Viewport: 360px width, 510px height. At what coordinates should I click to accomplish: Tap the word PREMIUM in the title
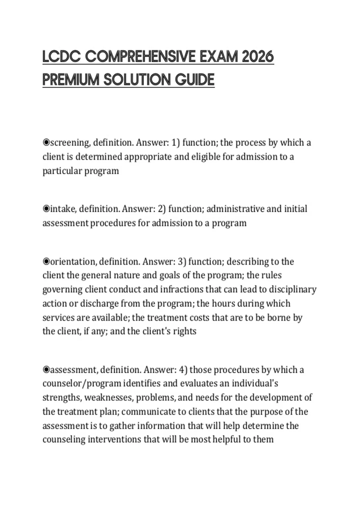click(x=70, y=80)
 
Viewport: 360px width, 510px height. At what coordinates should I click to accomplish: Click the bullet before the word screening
click(x=46, y=142)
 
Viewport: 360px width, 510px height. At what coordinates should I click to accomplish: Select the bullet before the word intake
click(x=46, y=209)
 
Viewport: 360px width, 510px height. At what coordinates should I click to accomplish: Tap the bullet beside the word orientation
click(x=46, y=262)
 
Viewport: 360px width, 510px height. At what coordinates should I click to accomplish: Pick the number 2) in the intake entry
click(x=161, y=209)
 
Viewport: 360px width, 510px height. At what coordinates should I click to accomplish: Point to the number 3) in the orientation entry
click(x=182, y=262)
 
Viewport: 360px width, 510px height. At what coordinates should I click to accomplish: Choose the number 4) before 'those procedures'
click(x=183, y=370)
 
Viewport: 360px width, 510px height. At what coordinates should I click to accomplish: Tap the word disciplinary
click(x=292, y=289)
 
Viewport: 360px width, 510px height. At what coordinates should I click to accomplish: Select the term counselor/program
click(x=82, y=383)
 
